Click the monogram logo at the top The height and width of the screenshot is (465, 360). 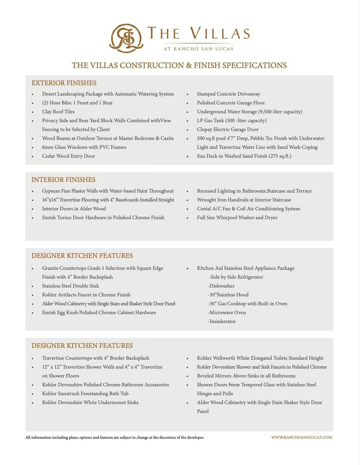click(x=126, y=38)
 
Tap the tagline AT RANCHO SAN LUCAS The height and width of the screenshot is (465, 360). click(x=198, y=49)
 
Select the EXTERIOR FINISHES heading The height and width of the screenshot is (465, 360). click(x=64, y=83)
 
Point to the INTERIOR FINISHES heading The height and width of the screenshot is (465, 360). click(x=64, y=180)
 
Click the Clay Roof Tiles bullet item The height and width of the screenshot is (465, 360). click(x=58, y=112)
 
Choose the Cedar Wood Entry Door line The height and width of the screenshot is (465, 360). click(x=69, y=156)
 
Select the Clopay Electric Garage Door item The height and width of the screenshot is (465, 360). click(x=227, y=129)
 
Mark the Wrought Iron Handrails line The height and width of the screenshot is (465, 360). click(x=244, y=200)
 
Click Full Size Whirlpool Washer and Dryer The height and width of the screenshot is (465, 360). click(x=237, y=218)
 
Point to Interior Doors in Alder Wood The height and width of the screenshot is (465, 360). click(x=74, y=209)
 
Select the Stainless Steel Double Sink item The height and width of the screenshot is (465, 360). click(x=70, y=286)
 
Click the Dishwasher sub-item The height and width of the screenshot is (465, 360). click(x=221, y=286)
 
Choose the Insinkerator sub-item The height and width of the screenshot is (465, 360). click(x=222, y=322)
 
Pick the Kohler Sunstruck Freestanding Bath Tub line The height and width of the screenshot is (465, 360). click(x=85, y=394)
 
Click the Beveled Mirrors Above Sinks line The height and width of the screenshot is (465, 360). click(x=246, y=376)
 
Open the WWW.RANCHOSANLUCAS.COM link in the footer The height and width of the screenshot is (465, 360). click(x=301, y=437)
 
